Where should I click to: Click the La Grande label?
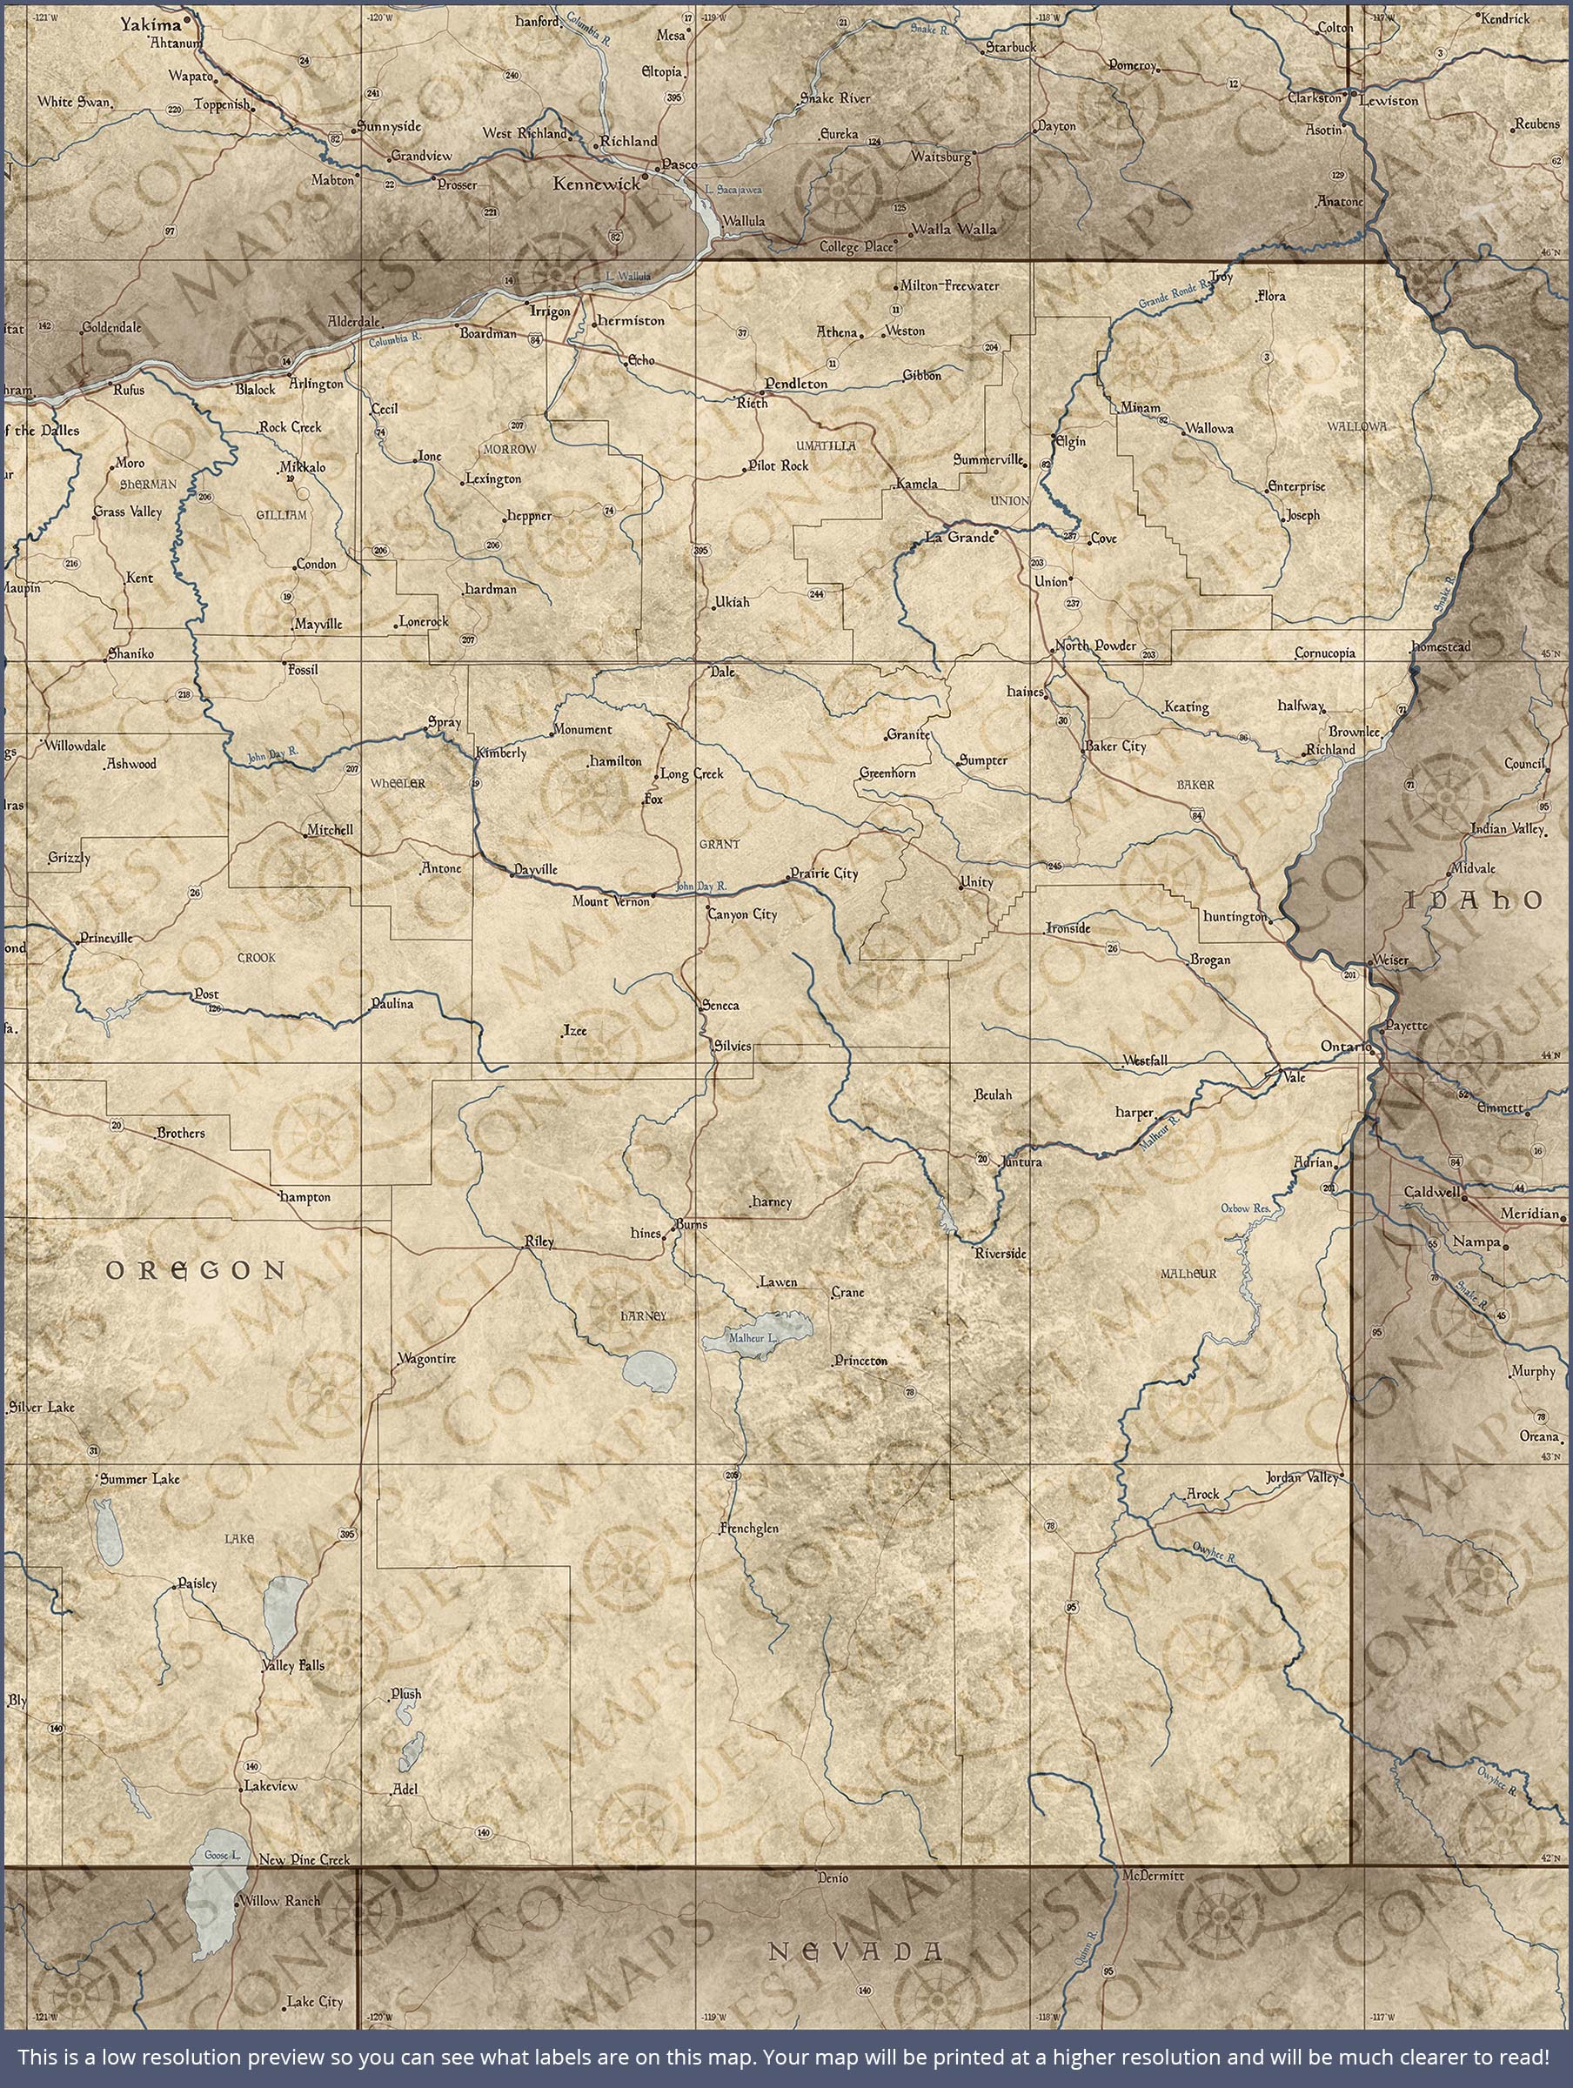(960, 537)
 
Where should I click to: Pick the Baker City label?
(1118, 746)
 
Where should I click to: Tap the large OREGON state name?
(196, 1269)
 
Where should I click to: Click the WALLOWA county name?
(1356, 426)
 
